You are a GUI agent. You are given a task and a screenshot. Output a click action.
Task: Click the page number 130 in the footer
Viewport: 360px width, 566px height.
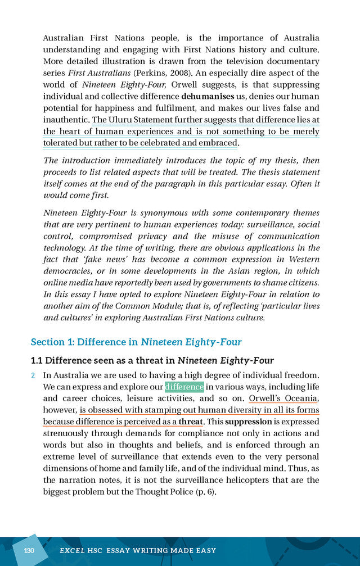pos(29,551)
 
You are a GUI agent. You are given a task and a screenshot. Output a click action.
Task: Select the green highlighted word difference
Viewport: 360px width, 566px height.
pos(184,387)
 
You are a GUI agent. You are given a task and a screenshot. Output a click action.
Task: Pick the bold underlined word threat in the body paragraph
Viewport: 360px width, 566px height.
pos(190,422)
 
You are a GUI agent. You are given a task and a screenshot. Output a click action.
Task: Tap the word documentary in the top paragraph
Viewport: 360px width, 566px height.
pos(291,61)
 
